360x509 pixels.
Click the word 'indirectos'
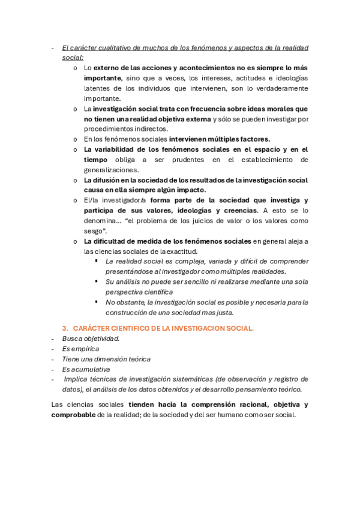148,128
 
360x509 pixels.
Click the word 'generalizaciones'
112,170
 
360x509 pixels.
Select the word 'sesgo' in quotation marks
95,231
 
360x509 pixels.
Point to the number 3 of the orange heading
65,328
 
